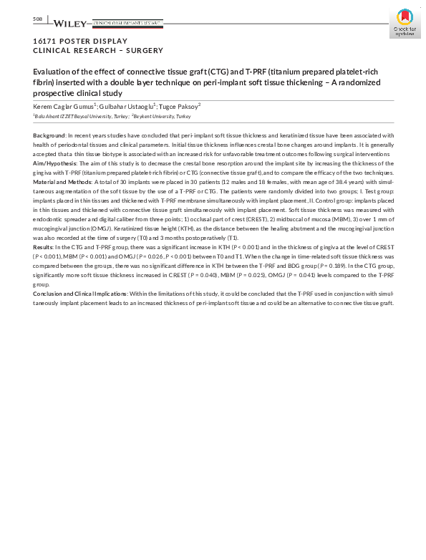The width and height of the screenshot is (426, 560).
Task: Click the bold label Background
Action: [x=49, y=135]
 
